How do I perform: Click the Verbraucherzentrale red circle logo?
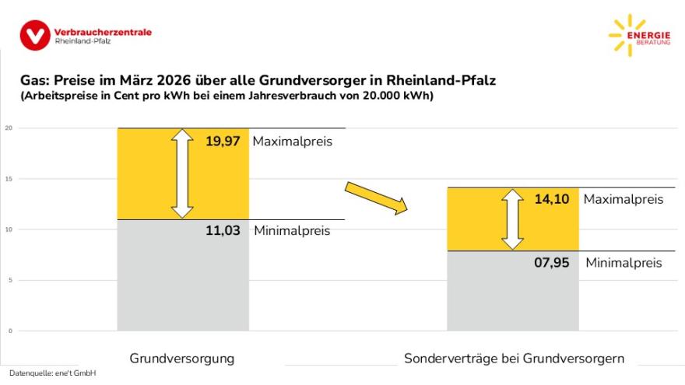[x=35, y=34]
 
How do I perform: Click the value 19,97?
[x=223, y=142]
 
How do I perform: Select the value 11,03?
[x=223, y=230]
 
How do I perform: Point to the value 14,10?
[x=552, y=199]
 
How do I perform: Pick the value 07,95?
[x=552, y=263]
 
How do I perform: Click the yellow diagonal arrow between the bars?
[x=376, y=197]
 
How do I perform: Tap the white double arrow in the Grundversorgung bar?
[x=182, y=173]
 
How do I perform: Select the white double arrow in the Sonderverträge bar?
[x=512, y=219]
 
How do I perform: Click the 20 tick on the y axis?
[x=9, y=128]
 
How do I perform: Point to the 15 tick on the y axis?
[x=9, y=179]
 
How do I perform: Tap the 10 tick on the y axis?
[x=9, y=229]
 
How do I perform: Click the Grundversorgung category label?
[x=181, y=359]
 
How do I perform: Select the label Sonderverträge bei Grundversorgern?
[x=514, y=359]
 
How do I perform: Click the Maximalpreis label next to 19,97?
[x=292, y=142]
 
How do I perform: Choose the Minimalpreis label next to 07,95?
[x=624, y=263]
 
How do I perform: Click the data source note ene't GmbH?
[x=53, y=374]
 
